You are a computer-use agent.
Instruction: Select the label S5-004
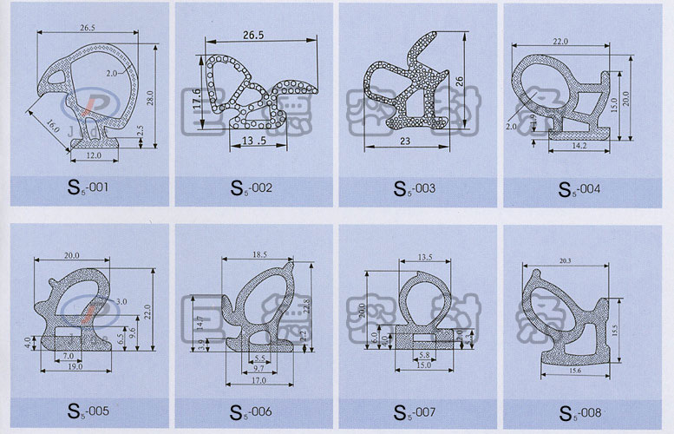[x=579, y=187]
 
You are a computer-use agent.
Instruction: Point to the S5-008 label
[x=579, y=411]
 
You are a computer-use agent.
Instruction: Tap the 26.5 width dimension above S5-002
[x=252, y=36]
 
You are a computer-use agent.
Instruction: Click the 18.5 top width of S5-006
[x=258, y=253]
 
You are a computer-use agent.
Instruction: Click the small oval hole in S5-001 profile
[x=57, y=76]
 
